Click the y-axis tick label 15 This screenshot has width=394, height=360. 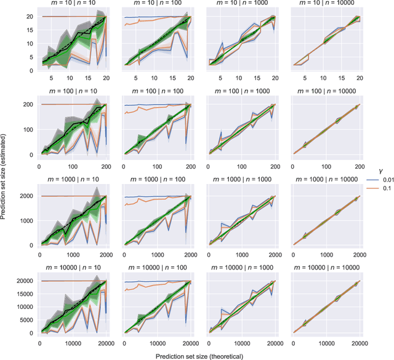tap(31, 28)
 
